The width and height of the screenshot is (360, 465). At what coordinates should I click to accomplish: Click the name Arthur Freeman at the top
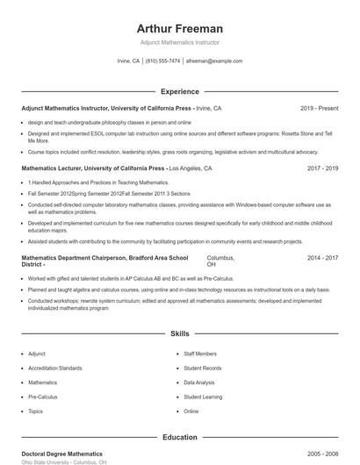[179, 28]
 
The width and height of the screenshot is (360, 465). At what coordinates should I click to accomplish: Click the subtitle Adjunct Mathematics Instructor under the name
[179, 42]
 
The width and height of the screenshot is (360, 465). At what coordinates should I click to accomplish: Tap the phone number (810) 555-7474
[163, 61]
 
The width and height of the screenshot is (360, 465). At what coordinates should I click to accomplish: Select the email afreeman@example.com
[214, 61]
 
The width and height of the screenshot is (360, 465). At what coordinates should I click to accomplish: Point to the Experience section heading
[179, 91]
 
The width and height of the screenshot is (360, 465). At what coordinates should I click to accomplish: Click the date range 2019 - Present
[319, 109]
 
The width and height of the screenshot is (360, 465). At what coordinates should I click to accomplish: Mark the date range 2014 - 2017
[322, 258]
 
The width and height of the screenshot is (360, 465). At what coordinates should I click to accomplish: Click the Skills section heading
[179, 334]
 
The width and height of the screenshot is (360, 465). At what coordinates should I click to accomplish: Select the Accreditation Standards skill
[55, 368]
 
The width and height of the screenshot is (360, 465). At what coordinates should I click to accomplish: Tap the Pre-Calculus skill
[43, 397]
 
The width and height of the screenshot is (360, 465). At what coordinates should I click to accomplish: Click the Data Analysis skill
[199, 383]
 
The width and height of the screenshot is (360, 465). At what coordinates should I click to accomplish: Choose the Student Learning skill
[203, 397]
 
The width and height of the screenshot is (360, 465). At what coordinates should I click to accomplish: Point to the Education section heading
[179, 437]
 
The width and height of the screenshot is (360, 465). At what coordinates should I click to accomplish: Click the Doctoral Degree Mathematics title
[61, 454]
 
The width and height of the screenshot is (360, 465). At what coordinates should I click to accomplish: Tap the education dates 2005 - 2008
[322, 454]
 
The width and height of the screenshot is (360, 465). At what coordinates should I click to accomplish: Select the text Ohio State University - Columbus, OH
[63, 462]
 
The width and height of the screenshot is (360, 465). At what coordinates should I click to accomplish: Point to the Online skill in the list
[191, 411]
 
